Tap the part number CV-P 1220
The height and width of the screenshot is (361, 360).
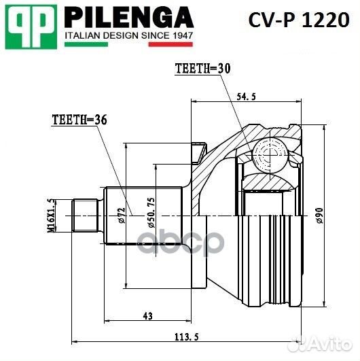(300, 21)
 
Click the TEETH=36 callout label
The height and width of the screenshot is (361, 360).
(79, 120)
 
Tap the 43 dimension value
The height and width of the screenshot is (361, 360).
(147, 315)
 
